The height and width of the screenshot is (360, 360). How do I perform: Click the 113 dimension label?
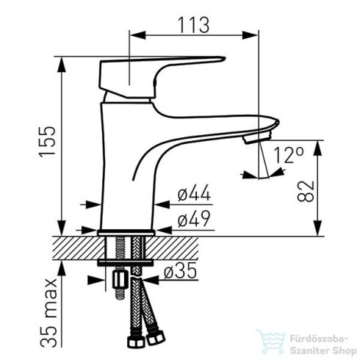point(194,25)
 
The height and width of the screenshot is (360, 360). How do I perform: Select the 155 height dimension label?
point(47,142)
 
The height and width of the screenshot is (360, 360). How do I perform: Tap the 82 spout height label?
point(306,191)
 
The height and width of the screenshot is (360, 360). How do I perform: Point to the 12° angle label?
point(289,155)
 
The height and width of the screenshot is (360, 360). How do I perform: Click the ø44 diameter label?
point(194,192)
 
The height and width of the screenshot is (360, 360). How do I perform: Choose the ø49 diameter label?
point(194,218)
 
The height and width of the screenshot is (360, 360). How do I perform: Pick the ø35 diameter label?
point(180,271)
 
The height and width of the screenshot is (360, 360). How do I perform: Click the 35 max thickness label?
point(48,312)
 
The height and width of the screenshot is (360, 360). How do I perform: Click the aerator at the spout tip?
point(257,137)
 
